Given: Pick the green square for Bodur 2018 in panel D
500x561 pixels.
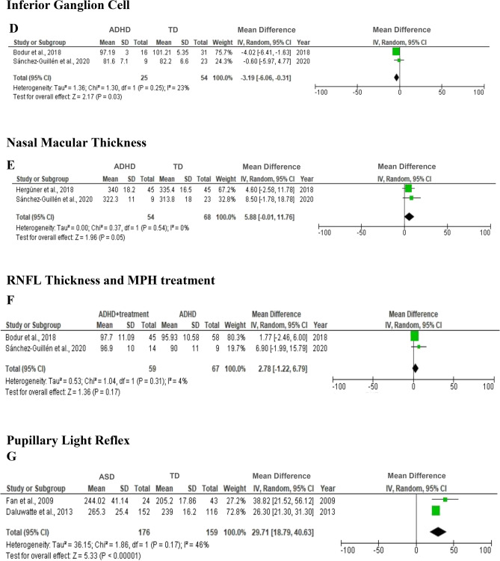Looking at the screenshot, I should tap(396, 52).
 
